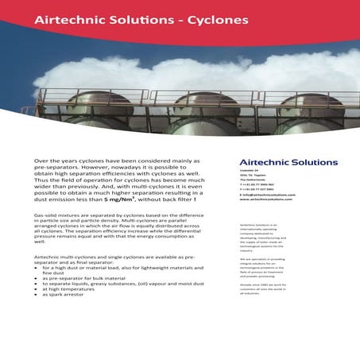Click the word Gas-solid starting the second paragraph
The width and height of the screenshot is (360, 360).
tap(46, 216)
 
